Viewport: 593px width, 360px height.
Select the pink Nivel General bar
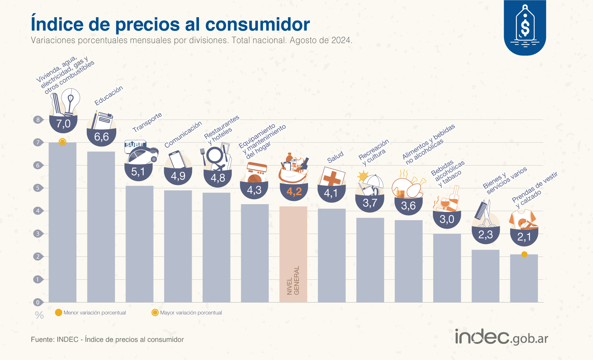click(293, 254)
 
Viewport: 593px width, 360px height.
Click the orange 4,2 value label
click(294, 191)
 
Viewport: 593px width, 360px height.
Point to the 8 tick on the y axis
click(38, 120)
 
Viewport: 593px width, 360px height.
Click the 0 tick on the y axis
click(38, 302)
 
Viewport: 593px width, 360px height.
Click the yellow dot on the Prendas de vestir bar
click(524, 254)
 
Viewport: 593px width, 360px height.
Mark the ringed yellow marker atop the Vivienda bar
click(62, 142)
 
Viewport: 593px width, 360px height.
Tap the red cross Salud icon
click(332, 177)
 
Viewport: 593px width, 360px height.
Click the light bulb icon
click(71, 101)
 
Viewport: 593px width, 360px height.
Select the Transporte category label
click(147, 122)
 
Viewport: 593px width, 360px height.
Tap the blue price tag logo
click(525, 28)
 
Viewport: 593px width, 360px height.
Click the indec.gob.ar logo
click(501, 337)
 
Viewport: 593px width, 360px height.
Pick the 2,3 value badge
click(486, 235)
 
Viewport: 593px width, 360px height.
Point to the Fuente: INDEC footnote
click(107, 340)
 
